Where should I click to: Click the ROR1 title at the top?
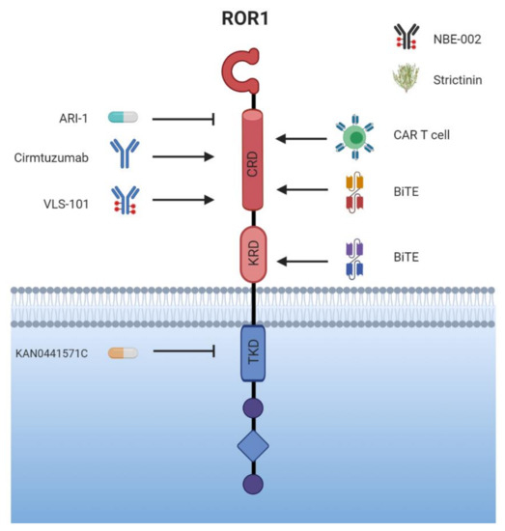pyautogui.click(x=253, y=16)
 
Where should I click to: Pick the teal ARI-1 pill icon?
pyautogui.click(x=123, y=118)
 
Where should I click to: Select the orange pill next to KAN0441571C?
pyautogui.click(x=123, y=353)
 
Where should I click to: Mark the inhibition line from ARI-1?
pyautogui.click(x=183, y=119)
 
